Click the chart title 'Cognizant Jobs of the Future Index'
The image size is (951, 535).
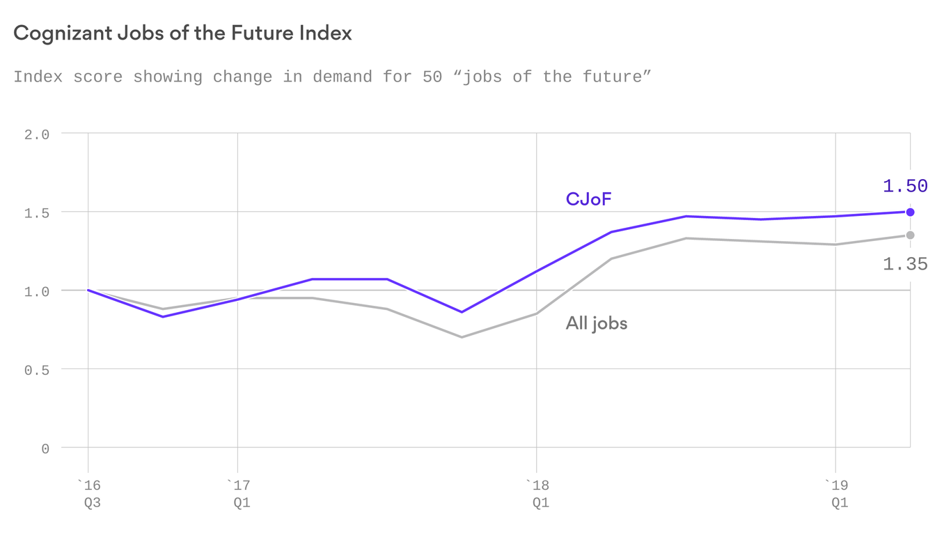tap(182, 33)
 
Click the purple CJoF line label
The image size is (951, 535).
tap(588, 200)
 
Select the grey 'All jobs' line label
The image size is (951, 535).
tap(596, 323)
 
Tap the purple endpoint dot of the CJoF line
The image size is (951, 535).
tap(910, 212)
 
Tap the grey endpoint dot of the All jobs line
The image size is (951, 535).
tap(910, 235)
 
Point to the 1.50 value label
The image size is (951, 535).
tap(905, 186)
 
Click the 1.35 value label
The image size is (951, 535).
tap(905, 264)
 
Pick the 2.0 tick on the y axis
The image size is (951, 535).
tap(37, 134)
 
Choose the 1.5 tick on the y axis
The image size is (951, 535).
tap(37, 213)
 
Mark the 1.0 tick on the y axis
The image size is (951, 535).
tap(37, 291)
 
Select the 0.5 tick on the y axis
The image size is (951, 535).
tap(37, 370)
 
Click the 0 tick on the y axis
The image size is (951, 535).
tap(45, 449)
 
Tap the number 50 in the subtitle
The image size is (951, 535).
tap(432, 77)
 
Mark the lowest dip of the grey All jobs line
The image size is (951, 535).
tap(462, 337)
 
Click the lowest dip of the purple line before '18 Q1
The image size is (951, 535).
tap(462, 312)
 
